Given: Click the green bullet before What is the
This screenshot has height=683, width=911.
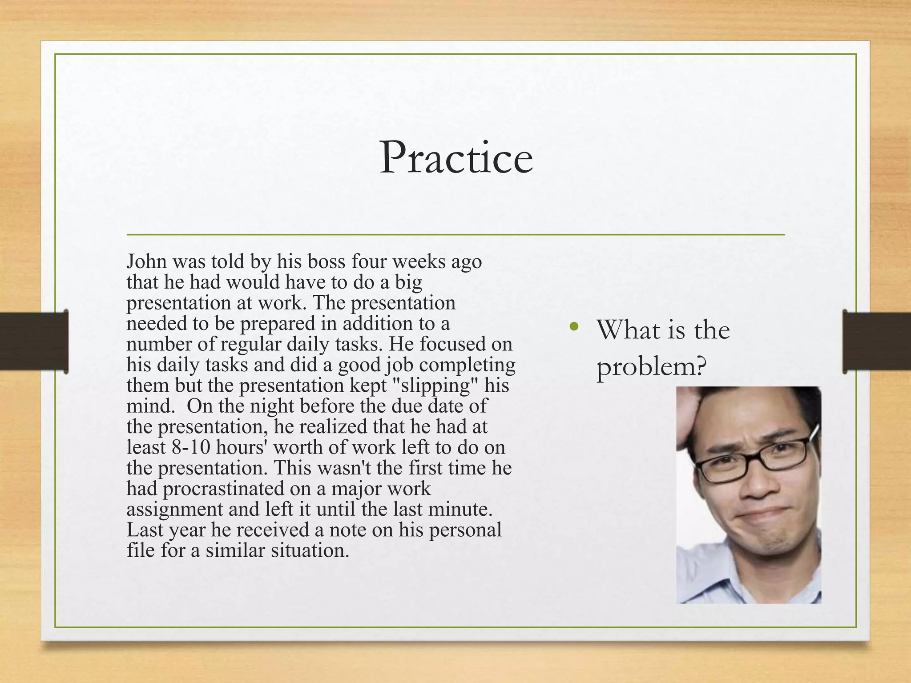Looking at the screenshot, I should tap(574, 327).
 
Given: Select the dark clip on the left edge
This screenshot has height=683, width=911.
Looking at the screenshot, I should tap(34, 341).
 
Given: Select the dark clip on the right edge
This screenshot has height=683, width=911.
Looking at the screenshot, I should tap(876, 341).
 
